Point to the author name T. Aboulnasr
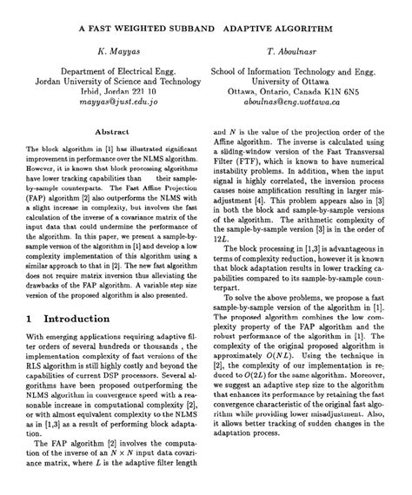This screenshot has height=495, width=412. point(296,52)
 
